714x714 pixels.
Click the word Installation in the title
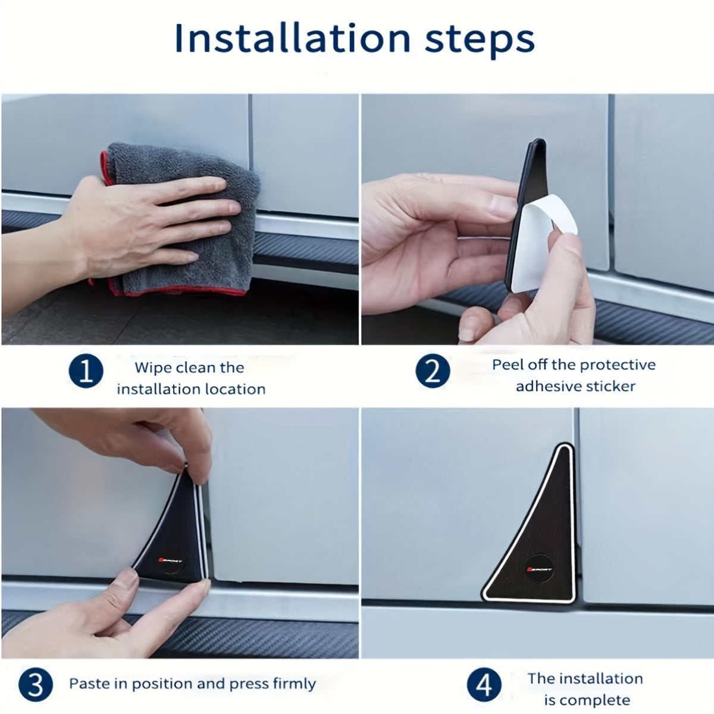tap(293, 39)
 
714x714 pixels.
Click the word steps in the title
tap(480, 41)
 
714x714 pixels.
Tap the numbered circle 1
tap(86, 371)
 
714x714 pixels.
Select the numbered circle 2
tap(433, 371)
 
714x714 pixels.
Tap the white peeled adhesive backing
tap(544, 241)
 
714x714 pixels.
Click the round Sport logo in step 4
tap(539, 569)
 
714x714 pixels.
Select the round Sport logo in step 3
tap(171, 560)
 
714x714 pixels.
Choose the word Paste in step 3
tap(89, 684)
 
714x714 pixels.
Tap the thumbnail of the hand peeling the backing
tap(538, 220)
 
